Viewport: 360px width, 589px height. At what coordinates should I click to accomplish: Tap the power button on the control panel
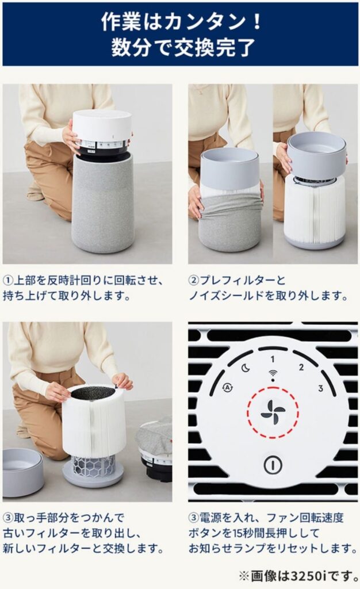pyautogui.click(x=273, y=465)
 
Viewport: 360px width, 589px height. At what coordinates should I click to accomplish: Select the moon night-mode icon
pyautogui.click(x=246, y=368)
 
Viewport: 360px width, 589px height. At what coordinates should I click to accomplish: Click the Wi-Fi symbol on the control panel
pyautogui.click(x=273, y=375)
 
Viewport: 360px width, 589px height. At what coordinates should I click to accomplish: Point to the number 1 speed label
pyautogui.click(x=273, y=359)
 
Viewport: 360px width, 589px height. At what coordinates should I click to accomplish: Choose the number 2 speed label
pyautogui.click(x=301, y=368)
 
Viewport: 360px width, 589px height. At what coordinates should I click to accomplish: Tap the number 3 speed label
pyautogui.click(x=320, y=388)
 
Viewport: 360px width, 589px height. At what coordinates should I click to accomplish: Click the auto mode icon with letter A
pyautogui.click(x=227, y=388)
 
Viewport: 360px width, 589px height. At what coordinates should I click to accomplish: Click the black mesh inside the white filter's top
pyautogui.click(x=93, y=393)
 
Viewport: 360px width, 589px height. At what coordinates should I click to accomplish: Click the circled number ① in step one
pyautogui.click(x=8, y=280)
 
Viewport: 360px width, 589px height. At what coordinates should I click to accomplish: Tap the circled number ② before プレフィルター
pyautogui.click(x=194, y=280)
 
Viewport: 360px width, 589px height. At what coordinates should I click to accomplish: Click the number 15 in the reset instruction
pyautogui.click(x=242, y=533)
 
